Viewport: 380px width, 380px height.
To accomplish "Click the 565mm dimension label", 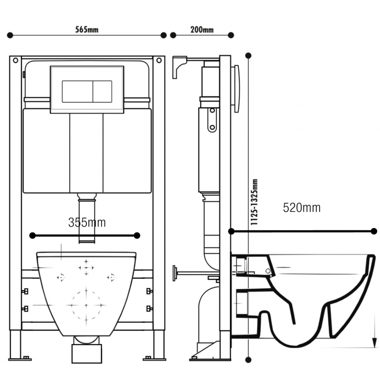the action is point(87,29).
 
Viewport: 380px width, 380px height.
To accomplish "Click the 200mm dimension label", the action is point(202,29).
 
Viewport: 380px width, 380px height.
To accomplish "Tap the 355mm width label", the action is point(87,222).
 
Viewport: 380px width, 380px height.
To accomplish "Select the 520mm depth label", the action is point(302,208).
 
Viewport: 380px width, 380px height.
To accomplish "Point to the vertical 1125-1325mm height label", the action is point(254,202).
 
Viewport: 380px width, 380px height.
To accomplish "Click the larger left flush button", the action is point(77,91).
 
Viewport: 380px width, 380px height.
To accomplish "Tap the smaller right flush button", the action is point(103,91).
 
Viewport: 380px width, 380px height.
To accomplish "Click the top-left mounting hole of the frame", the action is point(16,60).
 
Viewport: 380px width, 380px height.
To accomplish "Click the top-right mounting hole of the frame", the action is point(159,60).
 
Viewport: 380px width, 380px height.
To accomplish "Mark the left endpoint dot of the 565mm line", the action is point(10,35).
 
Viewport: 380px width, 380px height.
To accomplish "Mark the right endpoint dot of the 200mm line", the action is point(231,35).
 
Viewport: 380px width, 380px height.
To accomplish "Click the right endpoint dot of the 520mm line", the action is point(374,231).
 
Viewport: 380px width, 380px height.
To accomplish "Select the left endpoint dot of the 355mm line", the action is point(32,235).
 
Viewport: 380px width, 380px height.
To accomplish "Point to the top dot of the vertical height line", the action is point(248,56).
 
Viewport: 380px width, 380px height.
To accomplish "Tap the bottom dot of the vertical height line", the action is point(248,360).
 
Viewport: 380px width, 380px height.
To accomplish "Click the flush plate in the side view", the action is point(237,88).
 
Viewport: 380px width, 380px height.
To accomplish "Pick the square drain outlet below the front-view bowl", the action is point(86,354).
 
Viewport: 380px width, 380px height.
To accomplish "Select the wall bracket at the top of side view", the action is point(180,67).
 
